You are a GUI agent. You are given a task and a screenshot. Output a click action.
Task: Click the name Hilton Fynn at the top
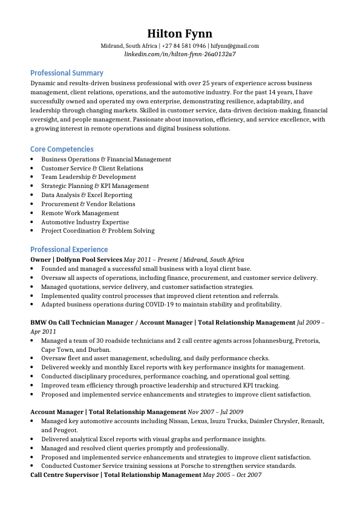[x=180, y=33]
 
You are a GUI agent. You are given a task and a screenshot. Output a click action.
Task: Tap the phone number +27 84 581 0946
[x=184, y=46]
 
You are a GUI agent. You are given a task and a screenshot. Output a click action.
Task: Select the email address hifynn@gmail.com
[x=235, y=46]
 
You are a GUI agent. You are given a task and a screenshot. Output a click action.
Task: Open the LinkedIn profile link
[x=180, y=54]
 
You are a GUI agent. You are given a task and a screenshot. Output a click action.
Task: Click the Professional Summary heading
[x=67, y=73]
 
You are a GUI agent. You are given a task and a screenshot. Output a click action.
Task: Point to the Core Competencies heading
[x=62, y=149]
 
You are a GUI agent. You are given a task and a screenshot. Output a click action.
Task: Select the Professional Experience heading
[x=69, y=250]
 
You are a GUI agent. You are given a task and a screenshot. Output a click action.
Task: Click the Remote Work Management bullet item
[x=80, y=213]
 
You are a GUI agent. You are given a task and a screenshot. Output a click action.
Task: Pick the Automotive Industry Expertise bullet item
[x=85, y=222]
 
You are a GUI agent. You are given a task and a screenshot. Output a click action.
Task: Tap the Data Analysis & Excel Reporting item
[x=87, y=195]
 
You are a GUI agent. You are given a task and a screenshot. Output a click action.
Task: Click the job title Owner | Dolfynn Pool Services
[x=76, y=259]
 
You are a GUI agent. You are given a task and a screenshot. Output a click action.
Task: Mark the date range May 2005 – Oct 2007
[x=232, y=475]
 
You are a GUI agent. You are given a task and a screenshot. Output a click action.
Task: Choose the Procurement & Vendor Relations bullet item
[x=88, y=204]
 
